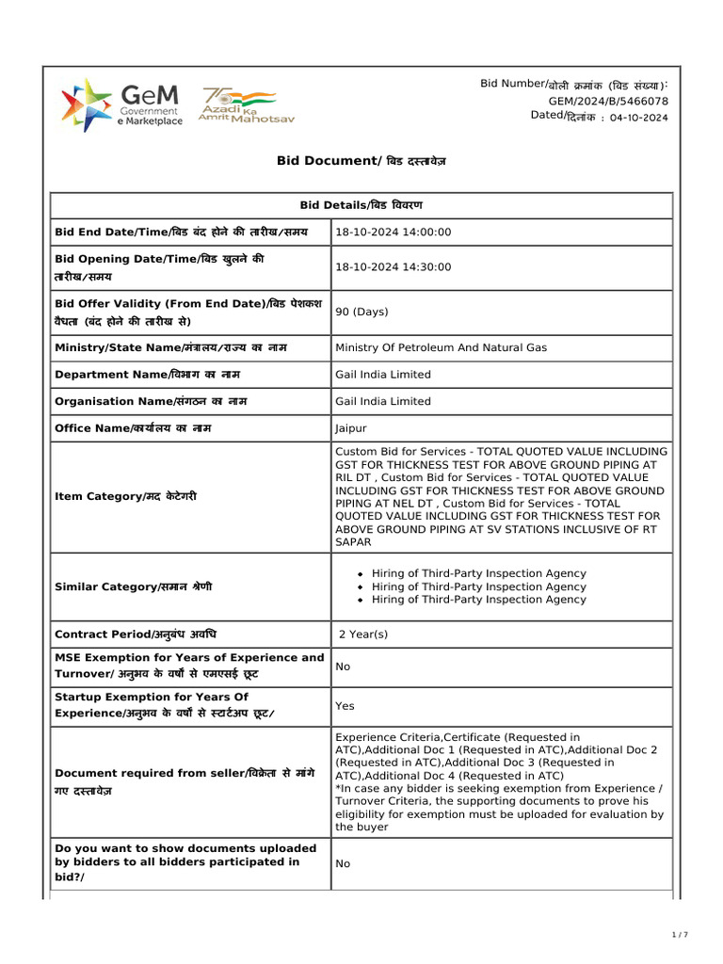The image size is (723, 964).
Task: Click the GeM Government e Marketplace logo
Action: [x=121, y=104]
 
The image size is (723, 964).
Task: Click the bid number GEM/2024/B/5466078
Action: [x=608, y=101]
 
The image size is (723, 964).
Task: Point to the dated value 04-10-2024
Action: [x=638, y=118]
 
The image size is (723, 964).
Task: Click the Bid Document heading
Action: [x=361, y=161]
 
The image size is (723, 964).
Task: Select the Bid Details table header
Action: [x=361, y=205]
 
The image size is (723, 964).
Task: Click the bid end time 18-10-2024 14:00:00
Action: [x=394, y=232]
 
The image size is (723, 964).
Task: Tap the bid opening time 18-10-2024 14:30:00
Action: [x=394, y=267]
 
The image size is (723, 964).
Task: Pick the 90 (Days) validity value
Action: [x=361, y=312]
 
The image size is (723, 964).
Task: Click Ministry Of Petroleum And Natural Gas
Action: [x=441, y=347]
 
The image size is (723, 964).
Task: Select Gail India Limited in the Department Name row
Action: [x=383, y=374]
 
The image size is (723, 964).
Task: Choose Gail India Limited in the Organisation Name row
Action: [x=383, y=401]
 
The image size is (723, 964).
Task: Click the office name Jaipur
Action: [x=351, y=427]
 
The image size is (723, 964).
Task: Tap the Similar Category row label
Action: [x=133, y=586]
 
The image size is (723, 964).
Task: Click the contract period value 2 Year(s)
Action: [x=363, y=635]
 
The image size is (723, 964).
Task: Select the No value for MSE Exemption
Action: [x=343, y=667]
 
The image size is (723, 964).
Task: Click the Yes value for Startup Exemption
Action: [x=345, y=706]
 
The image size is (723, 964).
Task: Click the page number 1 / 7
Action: [x=680, y=935]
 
